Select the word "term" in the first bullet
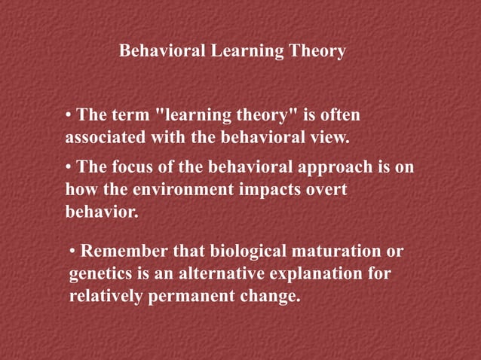pos(130,116)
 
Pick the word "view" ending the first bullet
pos(333,139)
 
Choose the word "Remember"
pos(124,251)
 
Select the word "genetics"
pos(100,274)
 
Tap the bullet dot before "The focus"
pos(69,167)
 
